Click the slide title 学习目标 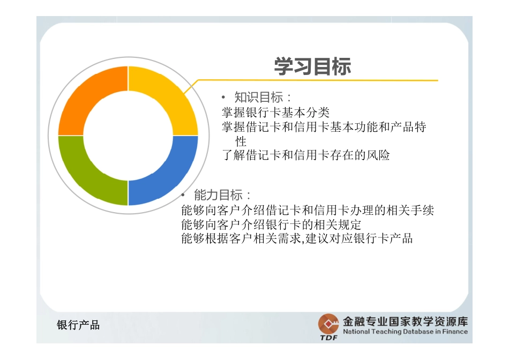pos(312,67)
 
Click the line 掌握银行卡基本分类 pos(275,112)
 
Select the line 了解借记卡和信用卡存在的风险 pos(306,155)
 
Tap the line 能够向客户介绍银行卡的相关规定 pos(272,224)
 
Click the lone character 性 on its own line pos(241,141)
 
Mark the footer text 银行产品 pos(78,325)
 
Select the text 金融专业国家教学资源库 pos(405,321)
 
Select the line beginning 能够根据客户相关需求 pos(297,238)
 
